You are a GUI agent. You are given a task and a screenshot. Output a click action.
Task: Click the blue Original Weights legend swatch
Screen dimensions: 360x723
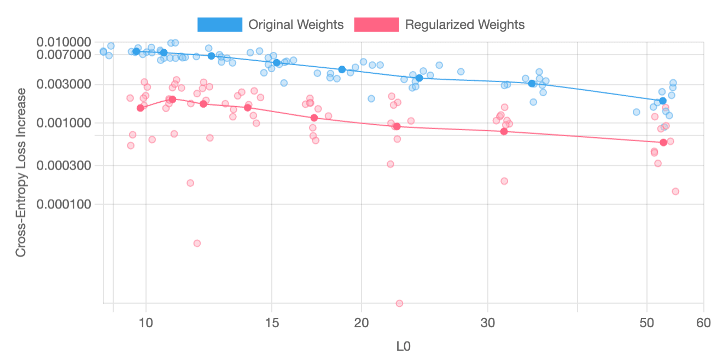click(x=220, y=25)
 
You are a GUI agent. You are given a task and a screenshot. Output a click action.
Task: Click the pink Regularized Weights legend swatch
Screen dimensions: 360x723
click(x=377, y=25)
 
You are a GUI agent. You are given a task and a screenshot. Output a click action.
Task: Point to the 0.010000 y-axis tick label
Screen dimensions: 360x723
click(x=63, y=42)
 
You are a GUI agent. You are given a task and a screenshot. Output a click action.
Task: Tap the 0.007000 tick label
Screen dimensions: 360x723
click(x=63, y=54)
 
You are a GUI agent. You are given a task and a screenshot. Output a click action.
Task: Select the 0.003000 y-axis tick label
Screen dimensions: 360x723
click(x=63, y=84)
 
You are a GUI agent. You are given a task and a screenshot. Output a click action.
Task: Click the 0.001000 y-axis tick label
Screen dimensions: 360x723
click(x=63, y=123)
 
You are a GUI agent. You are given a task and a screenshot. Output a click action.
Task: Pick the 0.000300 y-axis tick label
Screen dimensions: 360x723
click(x=63, y=165)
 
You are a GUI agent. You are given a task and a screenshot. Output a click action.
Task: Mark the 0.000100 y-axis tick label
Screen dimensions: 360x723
click(x=63, y=204)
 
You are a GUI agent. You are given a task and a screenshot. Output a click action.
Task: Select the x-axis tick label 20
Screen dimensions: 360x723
click(x=361, y=323)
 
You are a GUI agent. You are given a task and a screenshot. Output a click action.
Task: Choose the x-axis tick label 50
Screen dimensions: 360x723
click(x=647, y=323)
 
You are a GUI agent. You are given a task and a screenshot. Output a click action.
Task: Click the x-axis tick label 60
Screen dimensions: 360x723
click(x=703, y=323)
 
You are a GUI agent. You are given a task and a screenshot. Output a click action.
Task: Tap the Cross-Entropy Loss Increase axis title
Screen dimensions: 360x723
click(x=21, y=172)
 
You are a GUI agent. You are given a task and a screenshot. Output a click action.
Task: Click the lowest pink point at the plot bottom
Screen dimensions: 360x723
click(x=399, y=303)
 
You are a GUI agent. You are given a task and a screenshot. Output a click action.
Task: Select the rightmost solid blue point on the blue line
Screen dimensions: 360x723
click(x=663, y=101)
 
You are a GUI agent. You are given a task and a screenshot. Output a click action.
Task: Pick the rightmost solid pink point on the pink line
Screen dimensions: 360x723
click(x=663, y=142)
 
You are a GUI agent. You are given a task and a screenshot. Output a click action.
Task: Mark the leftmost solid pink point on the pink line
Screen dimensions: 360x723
click(x=140, y=108)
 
